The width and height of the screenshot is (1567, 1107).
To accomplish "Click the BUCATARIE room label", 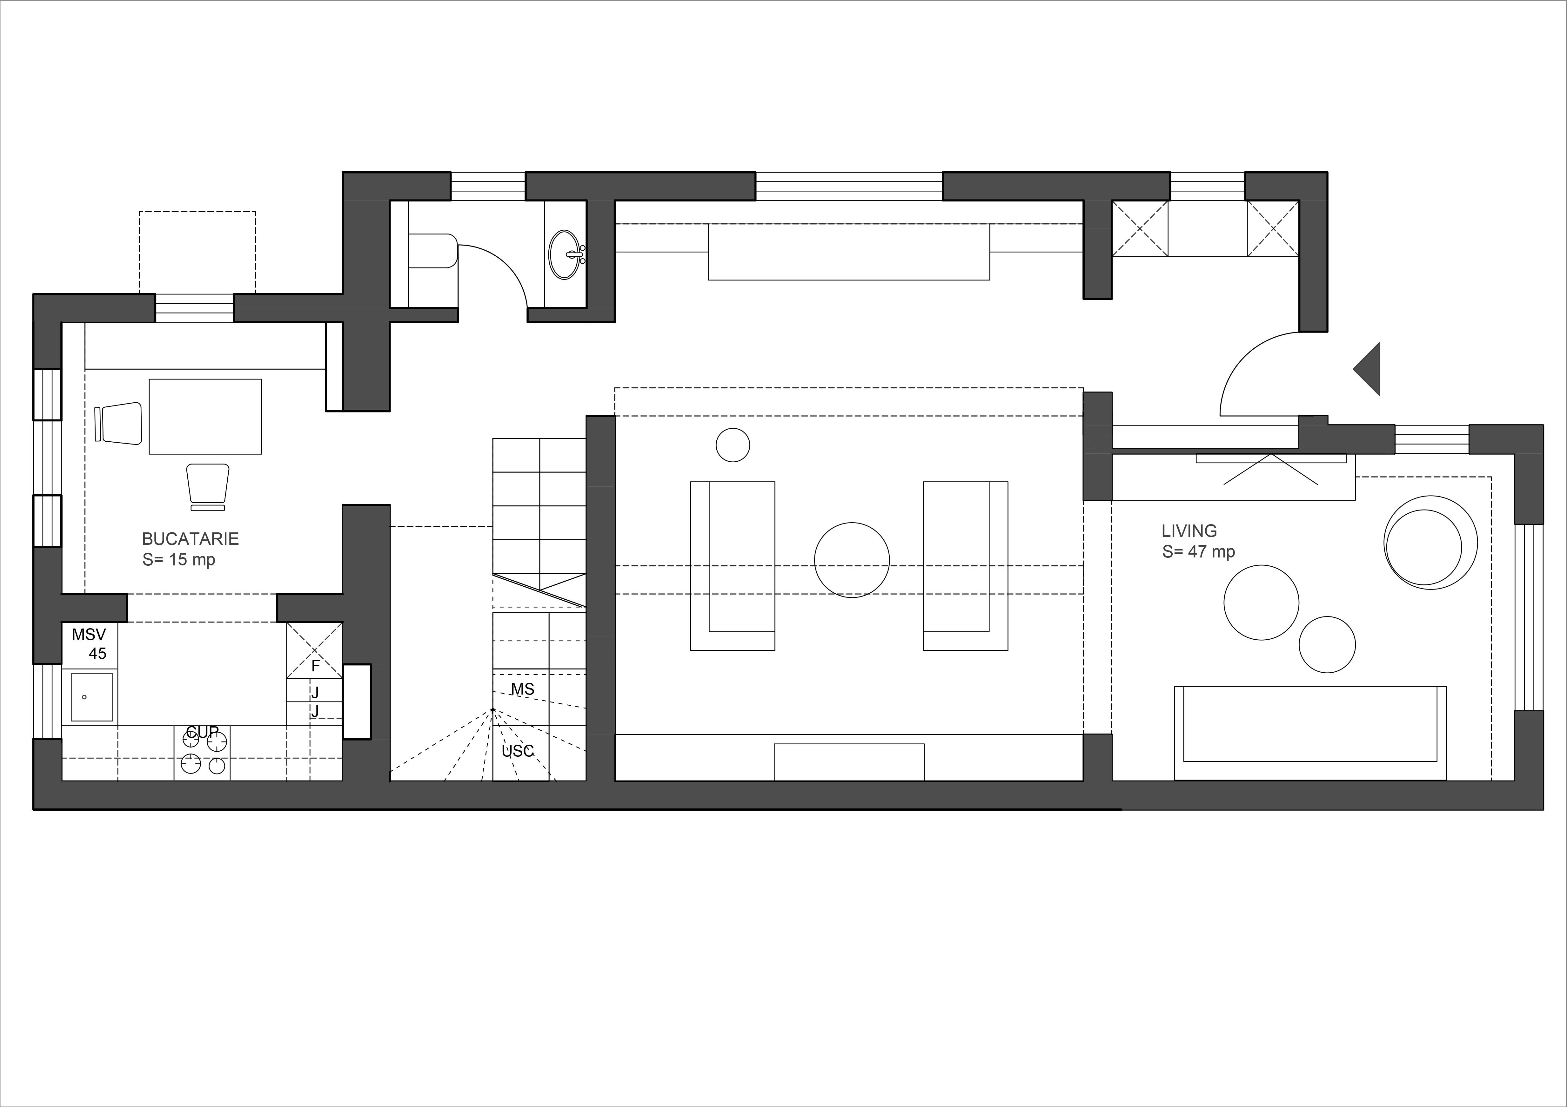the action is pos(191,539).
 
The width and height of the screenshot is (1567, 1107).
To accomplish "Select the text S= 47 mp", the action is pos(1198,552).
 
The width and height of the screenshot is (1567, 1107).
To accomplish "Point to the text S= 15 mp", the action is pos(179,560).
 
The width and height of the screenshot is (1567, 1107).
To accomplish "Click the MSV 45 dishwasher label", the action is pos(90,644).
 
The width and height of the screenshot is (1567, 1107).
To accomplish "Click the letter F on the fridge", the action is pos(315,666).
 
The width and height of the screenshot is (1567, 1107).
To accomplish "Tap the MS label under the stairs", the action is pos(522,689).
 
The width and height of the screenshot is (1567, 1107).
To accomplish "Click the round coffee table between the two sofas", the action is pos(852,560).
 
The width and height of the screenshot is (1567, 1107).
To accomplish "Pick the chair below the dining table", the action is pos(207,486).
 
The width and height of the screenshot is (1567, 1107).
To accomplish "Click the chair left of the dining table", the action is pos(119,424).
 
